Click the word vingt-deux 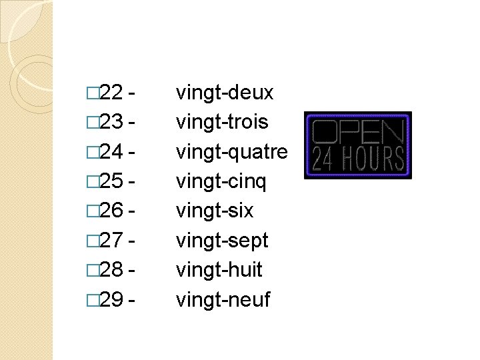click(x=225, y=93)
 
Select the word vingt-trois click(x=222, y=122)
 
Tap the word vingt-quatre click(x=231, y=152)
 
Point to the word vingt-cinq click(x=221, y=181)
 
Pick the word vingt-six click(x=215, y=211)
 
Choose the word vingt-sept click(x=222, y=241)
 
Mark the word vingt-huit click(x=219, y=270)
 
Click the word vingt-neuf click(x=223, y=300)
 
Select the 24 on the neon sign click(x=324, y=159)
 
